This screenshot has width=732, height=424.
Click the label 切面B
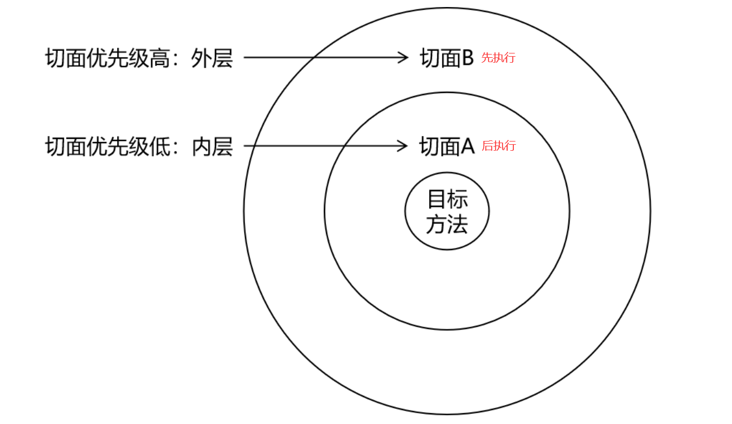click(x=446, y=58)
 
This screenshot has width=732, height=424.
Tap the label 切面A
click(x=446, y=146)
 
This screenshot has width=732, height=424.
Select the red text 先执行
click(x=498, y=58)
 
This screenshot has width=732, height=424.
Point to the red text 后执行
click(x=498, y=146)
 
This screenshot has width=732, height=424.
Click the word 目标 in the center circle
click(x=447, y=199)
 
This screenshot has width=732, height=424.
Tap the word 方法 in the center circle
click(x=446, y=224)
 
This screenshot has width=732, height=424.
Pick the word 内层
click(x=212, y=146)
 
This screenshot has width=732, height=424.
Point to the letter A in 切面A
click(x=467, y=146)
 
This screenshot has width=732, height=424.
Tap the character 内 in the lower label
click(x=201, y=146)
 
